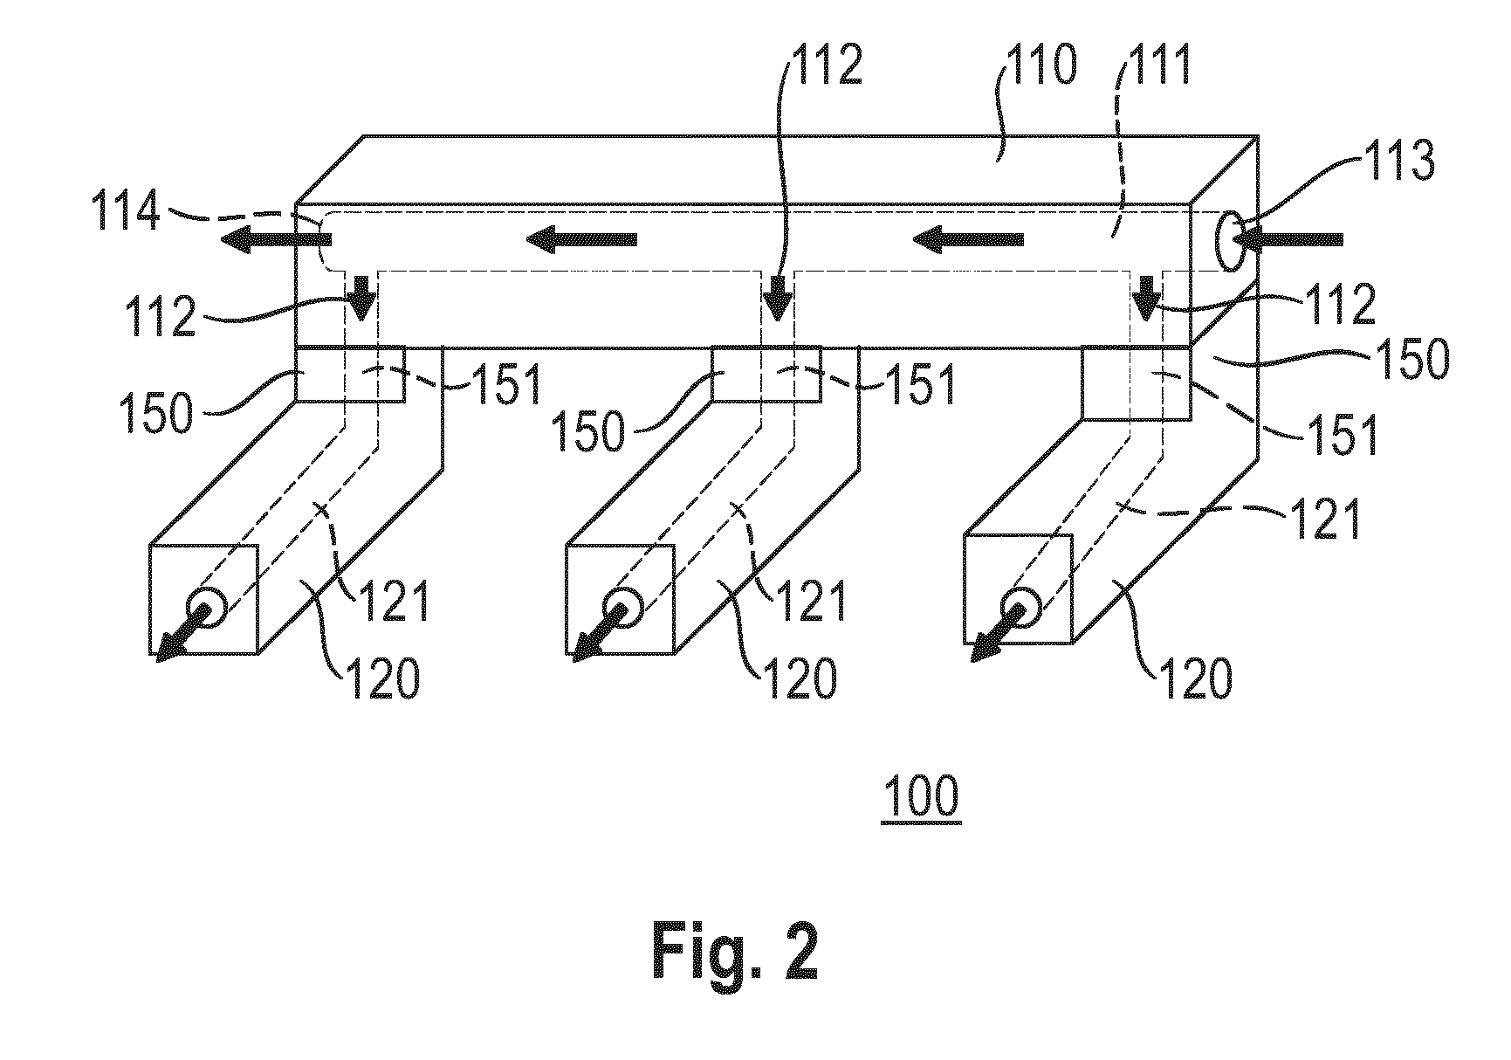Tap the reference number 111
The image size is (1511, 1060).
(1155, 65)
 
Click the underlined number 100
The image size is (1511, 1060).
(921, 796)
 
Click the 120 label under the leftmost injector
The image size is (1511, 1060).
(384, 678)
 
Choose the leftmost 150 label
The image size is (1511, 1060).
(157, 413)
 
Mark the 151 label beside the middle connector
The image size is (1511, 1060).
(920, 383)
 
